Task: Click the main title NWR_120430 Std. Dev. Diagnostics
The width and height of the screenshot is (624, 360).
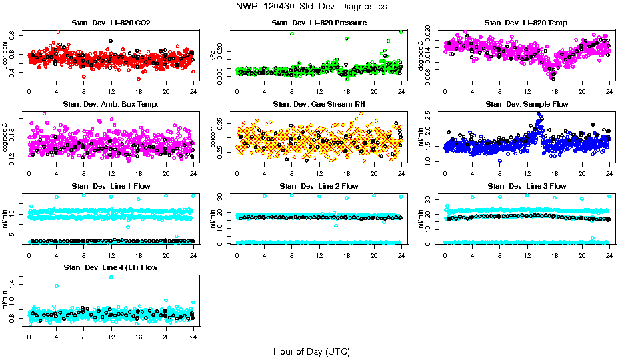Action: (x=311, y=6)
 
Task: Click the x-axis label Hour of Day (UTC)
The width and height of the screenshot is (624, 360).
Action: (x=311, y=351)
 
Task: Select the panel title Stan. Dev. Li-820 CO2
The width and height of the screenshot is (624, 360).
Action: (x=111, y=23)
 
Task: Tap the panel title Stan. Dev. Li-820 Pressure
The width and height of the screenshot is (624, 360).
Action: (x=319, y=23)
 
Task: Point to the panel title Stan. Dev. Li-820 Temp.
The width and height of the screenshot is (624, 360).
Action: (x=527, y=23)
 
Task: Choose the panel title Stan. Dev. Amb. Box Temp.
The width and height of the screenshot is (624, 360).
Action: (x=111, y=105)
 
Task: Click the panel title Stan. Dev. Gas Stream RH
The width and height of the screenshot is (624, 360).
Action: (x=319, y=105)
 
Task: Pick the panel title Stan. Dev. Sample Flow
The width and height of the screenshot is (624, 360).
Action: (x=527, y=105)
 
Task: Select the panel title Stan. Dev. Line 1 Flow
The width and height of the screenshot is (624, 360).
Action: (x=111, y=186)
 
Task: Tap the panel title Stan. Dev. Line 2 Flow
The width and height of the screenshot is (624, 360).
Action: (x=319, y=186)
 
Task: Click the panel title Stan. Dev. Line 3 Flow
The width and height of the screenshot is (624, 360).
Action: (x=527, y=186)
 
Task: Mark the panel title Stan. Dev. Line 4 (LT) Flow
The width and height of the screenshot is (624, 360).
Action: (x=111, y=267)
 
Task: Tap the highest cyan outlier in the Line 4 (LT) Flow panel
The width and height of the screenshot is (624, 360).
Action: (x=111, y=277)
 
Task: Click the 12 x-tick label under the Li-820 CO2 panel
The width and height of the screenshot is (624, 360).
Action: (x=111, y=92)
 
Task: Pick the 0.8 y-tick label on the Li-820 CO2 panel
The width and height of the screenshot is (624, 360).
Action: (x=15, y=31)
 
